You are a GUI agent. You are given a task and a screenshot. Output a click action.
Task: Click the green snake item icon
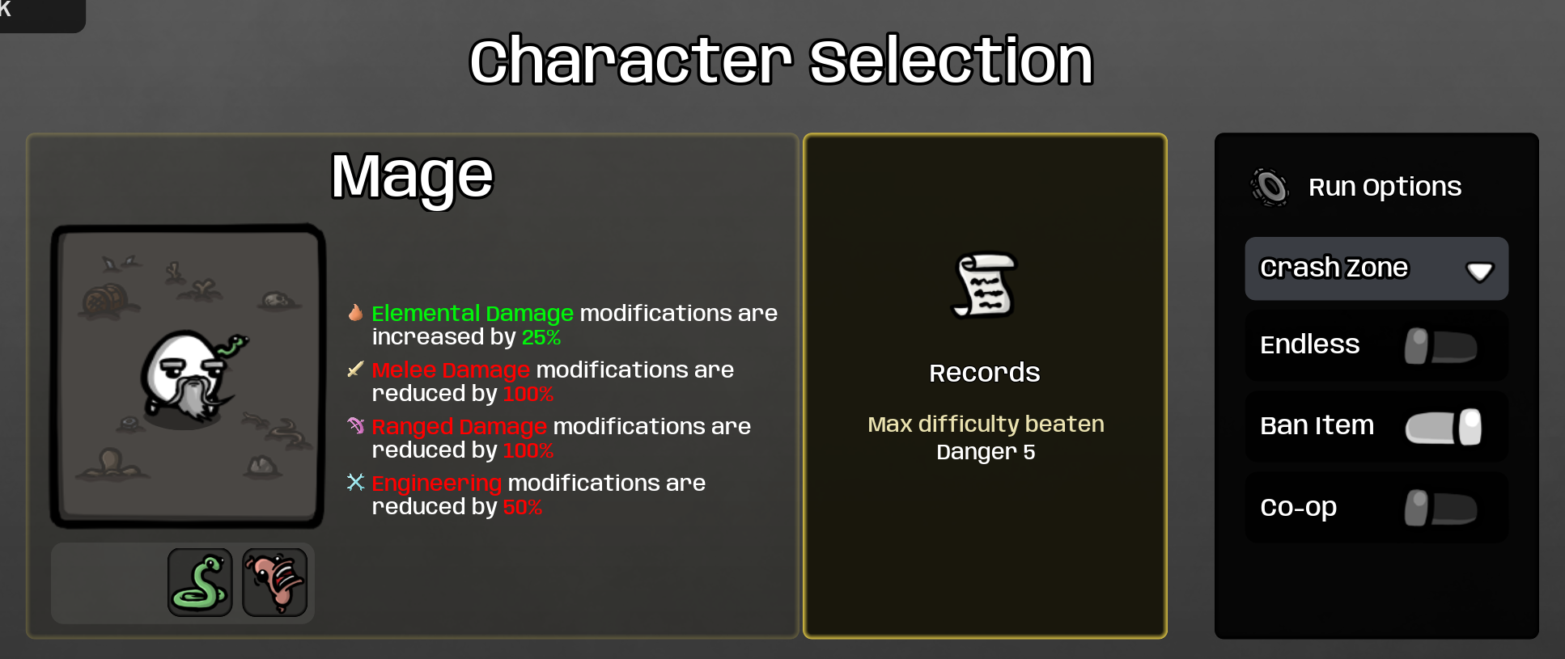point(200,582)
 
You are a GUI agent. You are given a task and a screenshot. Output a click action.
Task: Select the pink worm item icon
point(275,582)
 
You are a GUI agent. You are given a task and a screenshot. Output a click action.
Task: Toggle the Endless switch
point(1440,346)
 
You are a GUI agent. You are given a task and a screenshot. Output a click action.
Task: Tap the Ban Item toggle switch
point(1444,427)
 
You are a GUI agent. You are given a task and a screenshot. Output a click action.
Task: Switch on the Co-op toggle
point(1440,508)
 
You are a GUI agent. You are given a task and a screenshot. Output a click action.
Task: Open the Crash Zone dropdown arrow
point(1480,271)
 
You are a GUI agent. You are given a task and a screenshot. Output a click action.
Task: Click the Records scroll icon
point(984,285)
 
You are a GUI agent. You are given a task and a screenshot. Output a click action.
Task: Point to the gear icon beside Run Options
point(1270,187)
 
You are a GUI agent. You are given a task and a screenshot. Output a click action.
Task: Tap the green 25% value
point(541,337)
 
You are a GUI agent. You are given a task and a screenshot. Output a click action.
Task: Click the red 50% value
point(523,507)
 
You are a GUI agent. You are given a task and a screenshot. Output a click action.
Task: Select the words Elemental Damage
point(473,313)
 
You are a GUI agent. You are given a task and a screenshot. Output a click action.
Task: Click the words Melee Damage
point(451,370)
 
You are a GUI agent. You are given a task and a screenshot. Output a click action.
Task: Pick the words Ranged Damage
point(460,426)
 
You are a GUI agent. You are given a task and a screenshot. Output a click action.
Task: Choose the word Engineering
point(437,484)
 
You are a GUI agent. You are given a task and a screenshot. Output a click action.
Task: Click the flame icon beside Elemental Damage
point(355,313)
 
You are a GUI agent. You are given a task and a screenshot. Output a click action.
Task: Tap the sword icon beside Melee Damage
point(355,370)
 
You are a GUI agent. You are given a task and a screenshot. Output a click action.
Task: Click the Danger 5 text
point(986,452)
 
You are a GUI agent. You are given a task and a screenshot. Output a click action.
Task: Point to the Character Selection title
point(782,61)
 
